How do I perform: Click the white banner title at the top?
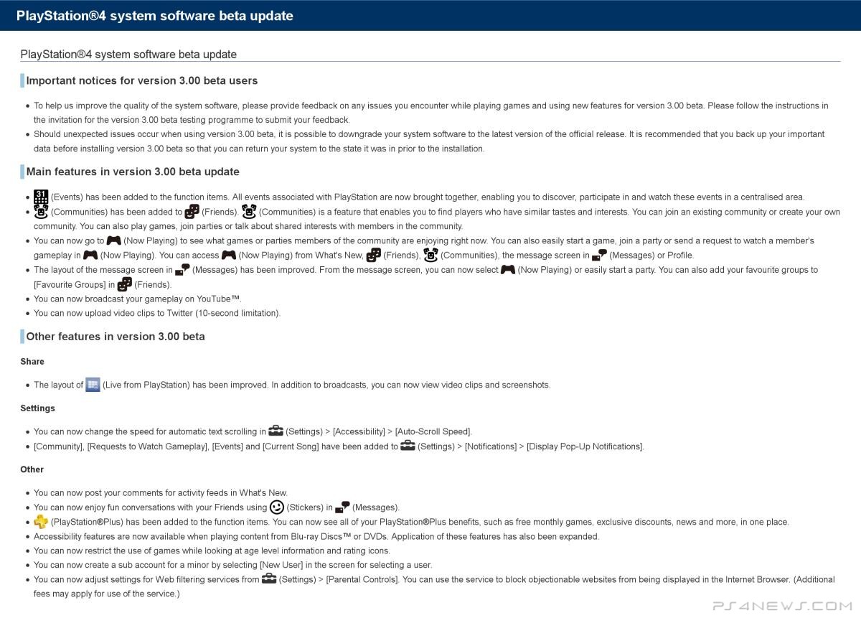pos(154,16)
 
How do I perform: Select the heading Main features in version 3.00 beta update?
pos(133,172)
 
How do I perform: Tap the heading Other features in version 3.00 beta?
pos(116,336)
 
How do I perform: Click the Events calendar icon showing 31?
pos(41,197)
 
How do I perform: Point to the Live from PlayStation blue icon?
pos(93,384)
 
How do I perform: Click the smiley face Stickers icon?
pos(277,507)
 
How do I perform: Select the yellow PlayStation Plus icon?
pos(41,522)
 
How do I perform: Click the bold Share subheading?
pos(32,362)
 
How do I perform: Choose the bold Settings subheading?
pos(37,408)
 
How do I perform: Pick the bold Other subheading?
pos(32,469)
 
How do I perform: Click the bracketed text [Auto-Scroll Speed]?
pos(433,431)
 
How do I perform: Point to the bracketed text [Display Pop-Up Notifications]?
pos(585,446)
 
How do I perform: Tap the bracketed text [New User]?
pos(280,565)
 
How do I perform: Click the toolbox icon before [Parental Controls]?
pos(269,579)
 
